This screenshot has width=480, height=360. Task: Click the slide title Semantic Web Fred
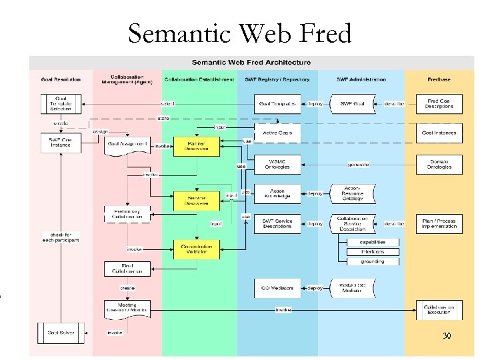(239, 33)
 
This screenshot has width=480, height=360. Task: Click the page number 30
(447, 335)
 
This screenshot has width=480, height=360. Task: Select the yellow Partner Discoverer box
(196, 147)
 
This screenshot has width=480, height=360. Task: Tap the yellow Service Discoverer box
(196, 199)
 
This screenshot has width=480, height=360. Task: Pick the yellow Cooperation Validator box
(196, 249)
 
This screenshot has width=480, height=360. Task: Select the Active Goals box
(277, 133)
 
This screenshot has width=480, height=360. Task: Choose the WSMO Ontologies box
(277, 163)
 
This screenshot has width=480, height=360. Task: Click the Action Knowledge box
(277, 193)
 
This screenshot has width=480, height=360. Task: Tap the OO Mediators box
(277, 288)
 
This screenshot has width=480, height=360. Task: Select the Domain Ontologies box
(439, 163)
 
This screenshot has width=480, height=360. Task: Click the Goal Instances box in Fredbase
(439, 133)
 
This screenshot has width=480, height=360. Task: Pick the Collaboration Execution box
(439, 309)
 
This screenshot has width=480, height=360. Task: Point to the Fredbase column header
(439, 79)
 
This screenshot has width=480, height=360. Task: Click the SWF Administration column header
(362, 79)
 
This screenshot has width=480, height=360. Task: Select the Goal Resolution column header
(61, 79)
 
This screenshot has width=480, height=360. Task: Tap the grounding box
(373, 261)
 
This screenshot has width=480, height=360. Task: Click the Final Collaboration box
(127, 269)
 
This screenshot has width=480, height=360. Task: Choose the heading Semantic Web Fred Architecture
(251, 63)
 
